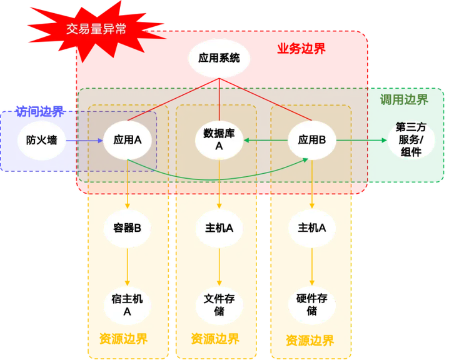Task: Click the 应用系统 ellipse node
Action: coord(219,59)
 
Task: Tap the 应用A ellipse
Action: coord(128,140)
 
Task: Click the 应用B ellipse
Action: coord(311,140)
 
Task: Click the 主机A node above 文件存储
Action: coord(219,227)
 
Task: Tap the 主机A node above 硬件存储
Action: coord(311,227)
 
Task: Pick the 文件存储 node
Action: coord(219,304)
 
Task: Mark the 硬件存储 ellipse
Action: coord(311,304)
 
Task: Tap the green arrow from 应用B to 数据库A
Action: coord(265,140)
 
